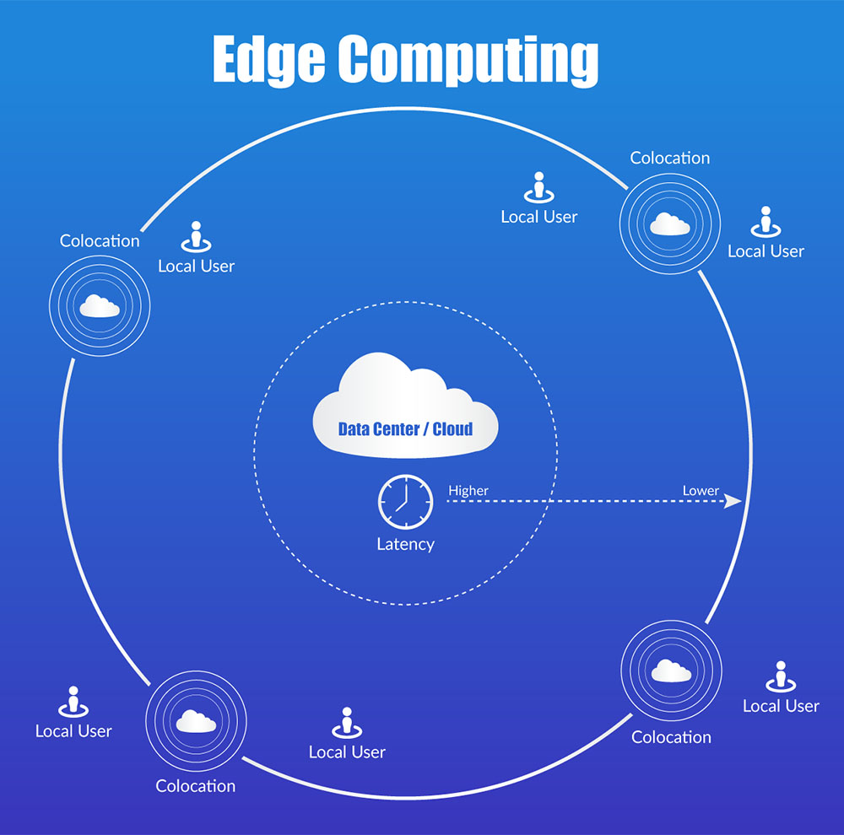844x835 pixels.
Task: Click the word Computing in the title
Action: [x=468, y=61]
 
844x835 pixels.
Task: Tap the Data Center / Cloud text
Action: [x=405, y=428]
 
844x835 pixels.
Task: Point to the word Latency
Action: [x=405, y=544]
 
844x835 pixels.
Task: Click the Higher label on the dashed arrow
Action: [x=468, y=490]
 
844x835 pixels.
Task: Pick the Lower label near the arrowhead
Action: [x=701, y=490]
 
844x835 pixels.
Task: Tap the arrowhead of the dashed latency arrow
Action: [x=733, y=501]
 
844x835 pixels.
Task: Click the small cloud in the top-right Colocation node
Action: [x=670, y=224]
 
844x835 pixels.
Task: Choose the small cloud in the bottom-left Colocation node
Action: [x=195, y=721]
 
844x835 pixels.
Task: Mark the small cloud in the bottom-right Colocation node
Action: [x=671, y=671]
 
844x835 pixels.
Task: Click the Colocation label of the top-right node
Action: [x=670, y=158]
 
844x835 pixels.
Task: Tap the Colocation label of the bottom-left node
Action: [x=195, y=786]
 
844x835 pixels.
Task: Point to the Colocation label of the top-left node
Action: [x=100, y=241]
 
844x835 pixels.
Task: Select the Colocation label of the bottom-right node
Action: [x=671, y=737]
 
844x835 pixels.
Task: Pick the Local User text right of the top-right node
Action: [x=766, y=251]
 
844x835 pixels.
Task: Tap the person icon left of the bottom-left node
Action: [x=73, y=701]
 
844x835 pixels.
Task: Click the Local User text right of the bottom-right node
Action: [x=781, y=706]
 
